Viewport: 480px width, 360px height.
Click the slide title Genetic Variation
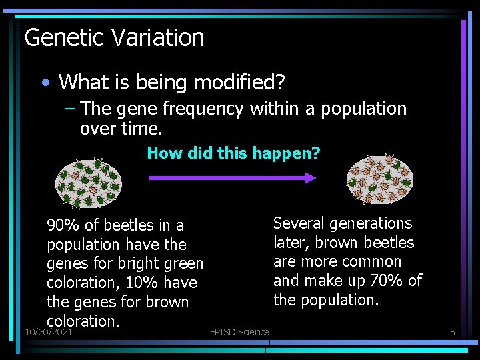pos(114,38)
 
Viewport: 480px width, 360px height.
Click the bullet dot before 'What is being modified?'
pos(45,83)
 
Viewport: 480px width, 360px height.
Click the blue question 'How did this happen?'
pos(233,153)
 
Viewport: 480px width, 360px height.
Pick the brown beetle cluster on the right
pos(380,180)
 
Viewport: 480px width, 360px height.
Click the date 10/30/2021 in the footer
pos(48,331)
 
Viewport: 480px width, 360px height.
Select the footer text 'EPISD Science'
pos(239,331)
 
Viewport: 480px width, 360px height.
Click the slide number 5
pos(452,331)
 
